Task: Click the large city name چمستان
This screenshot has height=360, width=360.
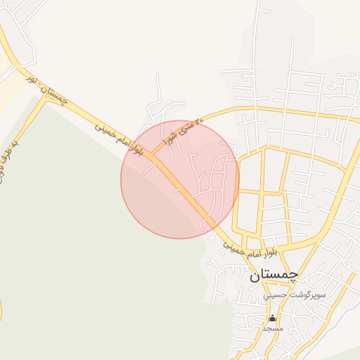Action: pos(274,276)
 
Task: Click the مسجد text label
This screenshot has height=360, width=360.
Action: pos(272,328)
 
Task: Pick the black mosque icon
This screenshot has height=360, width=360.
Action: pos(272,319)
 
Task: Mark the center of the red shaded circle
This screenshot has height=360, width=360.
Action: pos(180,179)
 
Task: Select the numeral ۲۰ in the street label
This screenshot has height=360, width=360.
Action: pos(198,121)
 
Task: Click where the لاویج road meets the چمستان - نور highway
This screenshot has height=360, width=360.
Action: pos(46,98)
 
